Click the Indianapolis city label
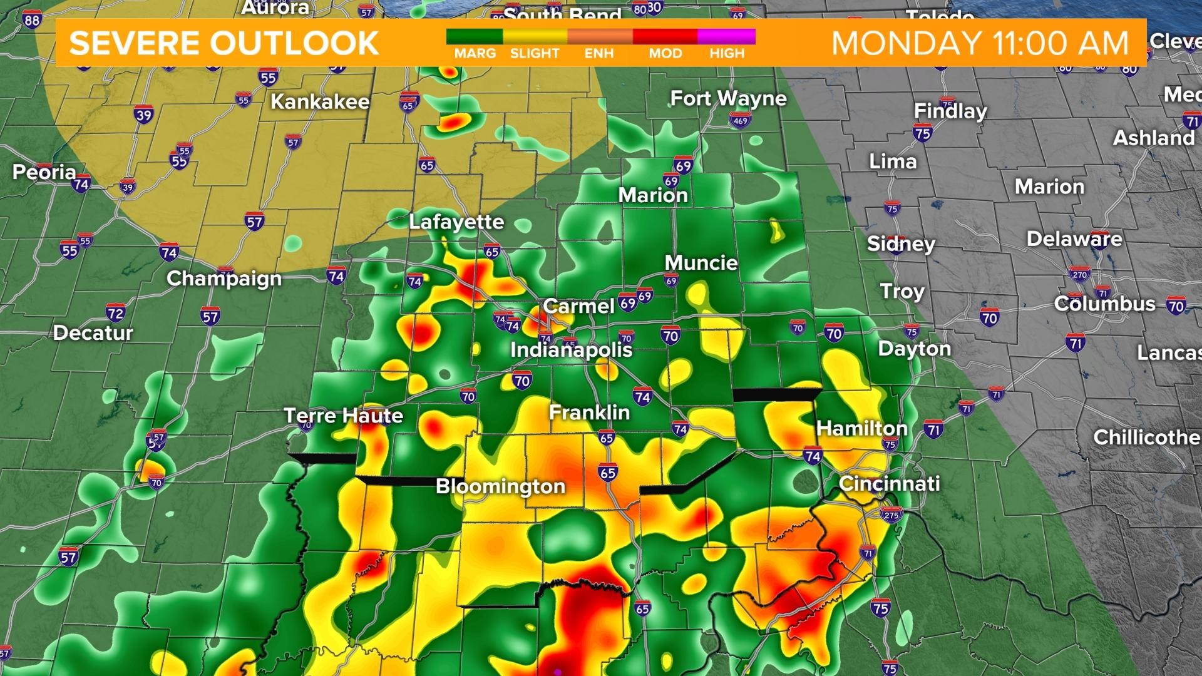[x=571, y=349]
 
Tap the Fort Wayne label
[x=728, y=98]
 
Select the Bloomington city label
[x=500, y=486]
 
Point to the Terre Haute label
[x=343, y=416]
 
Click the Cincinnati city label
[x=889, y=483]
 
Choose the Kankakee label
[x=320, y=101]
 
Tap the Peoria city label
[x=44, y=172]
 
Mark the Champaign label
[x=224, y=279]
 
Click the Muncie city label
[x=701, y=263]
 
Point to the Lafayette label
[x=456, y=222]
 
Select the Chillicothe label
[x=1146, y=437]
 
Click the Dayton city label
[x=914, y=349]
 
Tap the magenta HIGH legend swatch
[x=726, y=37]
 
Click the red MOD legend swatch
[x=665, y=37]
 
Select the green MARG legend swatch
[x=475, y=37]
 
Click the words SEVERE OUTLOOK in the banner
[x=224, y=43]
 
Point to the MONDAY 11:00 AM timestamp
[x=980, y=43]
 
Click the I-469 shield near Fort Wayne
[x=741, y=121]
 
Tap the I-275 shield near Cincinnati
[x=890, y=515]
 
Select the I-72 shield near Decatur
[x=115, y=313]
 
